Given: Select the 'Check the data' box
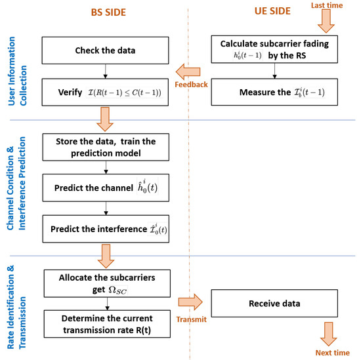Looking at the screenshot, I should pos(107,50).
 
